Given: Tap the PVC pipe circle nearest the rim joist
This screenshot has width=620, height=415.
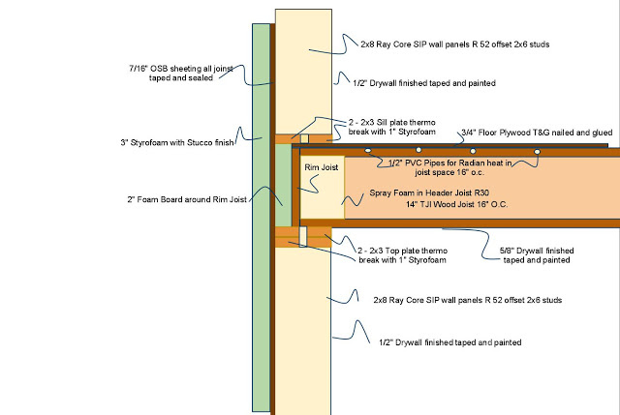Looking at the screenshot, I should point(369,152).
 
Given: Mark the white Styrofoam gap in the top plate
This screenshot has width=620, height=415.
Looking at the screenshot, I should point(304,235).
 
